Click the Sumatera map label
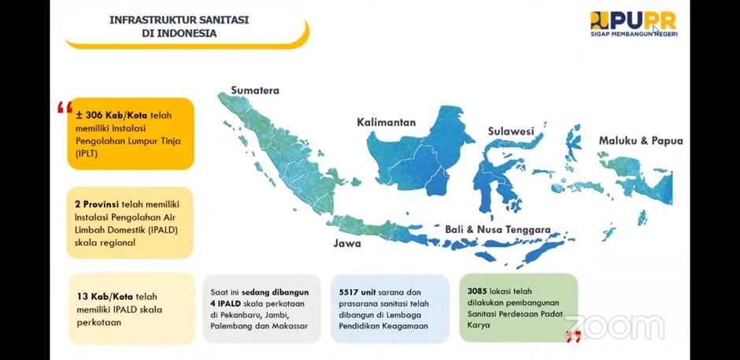click(255, 91)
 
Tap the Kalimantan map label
click(386, 122)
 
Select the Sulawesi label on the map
click(511, 131)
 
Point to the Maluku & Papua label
click(641, 141)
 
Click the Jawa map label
click(347, 243)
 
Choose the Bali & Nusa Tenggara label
click(498, 229)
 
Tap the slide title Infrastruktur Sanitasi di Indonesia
click(179, 27)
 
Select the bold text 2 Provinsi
click(97, 205)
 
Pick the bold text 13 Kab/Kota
click(105, 297)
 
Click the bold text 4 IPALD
click(225, 303)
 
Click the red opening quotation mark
click(65, 107)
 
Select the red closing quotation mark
click(573, 336)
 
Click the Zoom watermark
click(615, 327)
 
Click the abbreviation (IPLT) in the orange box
click(87, 153)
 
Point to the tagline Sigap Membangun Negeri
click(634, 34)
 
